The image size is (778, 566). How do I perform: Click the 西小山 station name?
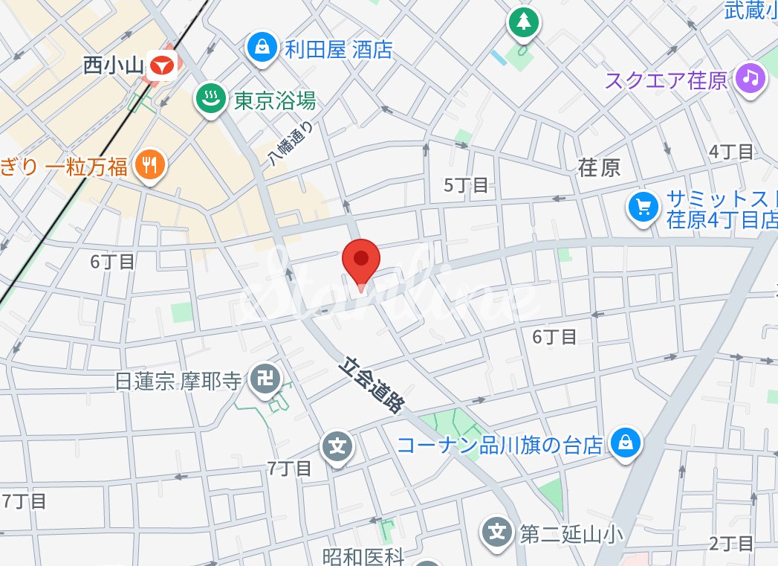point(112,66)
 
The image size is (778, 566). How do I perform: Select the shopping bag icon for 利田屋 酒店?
point(262,48)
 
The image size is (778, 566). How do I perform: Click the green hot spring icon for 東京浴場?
point(210,99)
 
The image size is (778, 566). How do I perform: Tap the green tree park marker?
point(524,22)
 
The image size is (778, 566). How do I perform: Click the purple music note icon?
point(751,78)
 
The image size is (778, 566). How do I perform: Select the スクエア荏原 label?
point(666,79)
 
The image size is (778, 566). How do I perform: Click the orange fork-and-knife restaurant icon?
point(151,165)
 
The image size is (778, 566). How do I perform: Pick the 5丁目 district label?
point(466,185)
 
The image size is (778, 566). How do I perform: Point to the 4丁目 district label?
point(731,152)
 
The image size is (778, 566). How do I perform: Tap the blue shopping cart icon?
point(642,208)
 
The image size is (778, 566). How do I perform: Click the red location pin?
point(361,260)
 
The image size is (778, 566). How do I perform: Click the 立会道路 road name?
point(374,385)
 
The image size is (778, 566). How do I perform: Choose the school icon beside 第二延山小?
point(497,532)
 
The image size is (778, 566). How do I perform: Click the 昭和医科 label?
point(363,556)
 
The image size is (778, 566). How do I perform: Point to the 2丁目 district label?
point(731,543)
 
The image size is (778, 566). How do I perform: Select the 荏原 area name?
point(599,167)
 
